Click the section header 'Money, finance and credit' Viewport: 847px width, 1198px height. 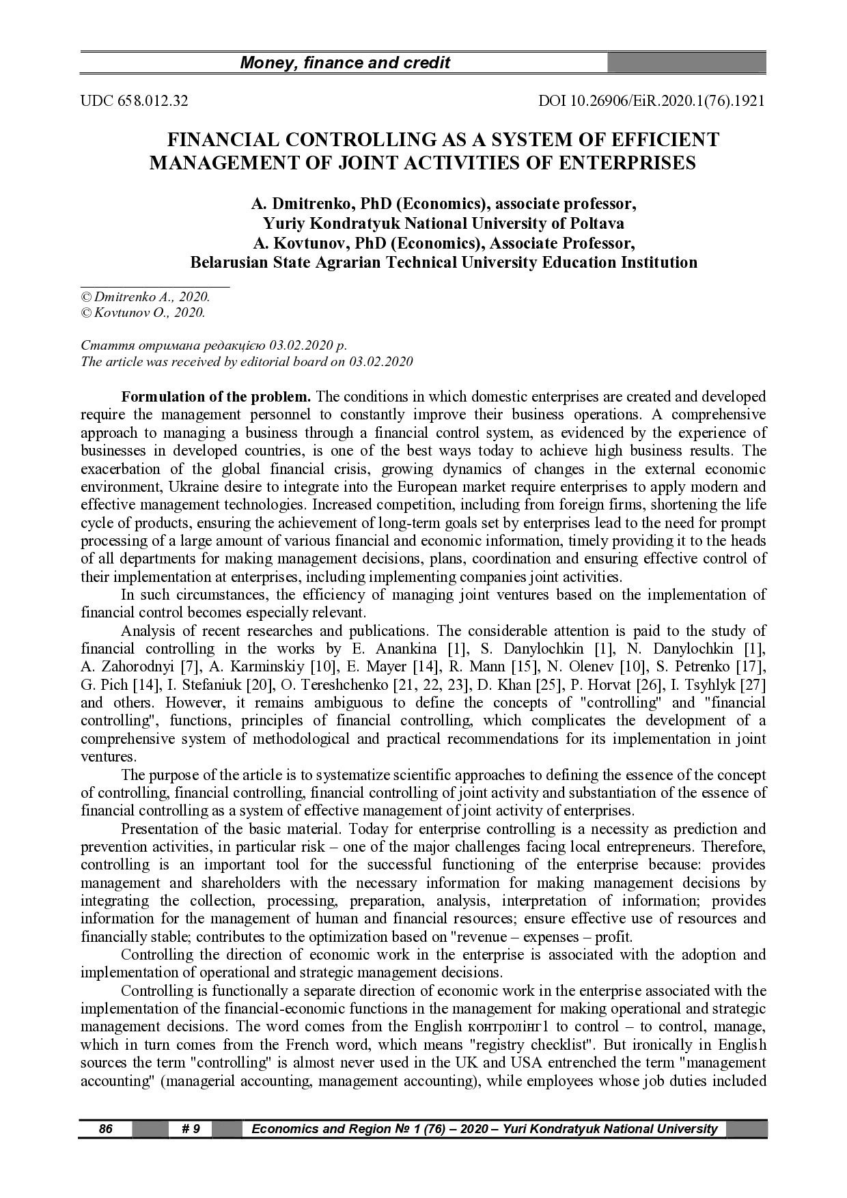pyautogui.click(x=345, y=64)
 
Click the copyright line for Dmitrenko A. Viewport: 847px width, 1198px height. pyautogui.click(x=145, y=297)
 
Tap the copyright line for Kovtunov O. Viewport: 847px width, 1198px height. pyautogui.click(x=143, y=313)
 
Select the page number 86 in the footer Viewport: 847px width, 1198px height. pyautogui.click(x=105, y=1129)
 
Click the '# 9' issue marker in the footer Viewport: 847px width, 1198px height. pyautogui.click(x=191, y=1129)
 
